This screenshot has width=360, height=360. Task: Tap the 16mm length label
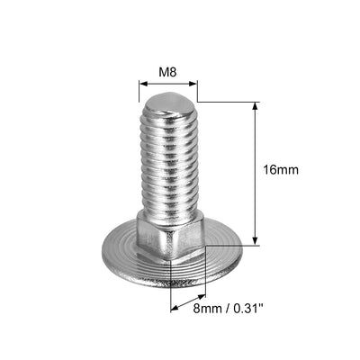(x=281, y=168)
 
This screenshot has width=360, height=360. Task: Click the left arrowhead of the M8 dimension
(x=142, y=83)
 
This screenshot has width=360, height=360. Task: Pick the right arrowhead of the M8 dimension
(x=193, y=83)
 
